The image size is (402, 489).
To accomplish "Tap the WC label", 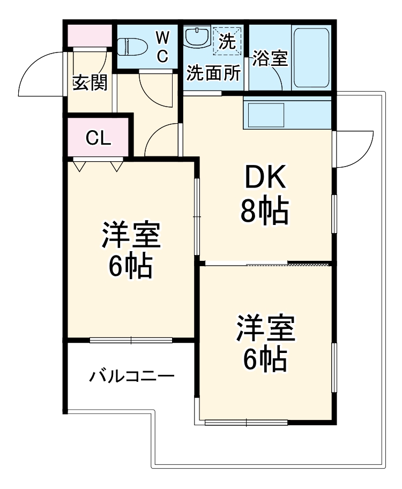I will [163, 46].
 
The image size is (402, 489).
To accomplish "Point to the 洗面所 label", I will [213, 73].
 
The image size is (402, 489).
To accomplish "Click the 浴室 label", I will [270, 58].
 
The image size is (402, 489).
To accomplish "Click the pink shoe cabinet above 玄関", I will [89, 35].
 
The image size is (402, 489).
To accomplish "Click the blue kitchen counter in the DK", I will [287, 114].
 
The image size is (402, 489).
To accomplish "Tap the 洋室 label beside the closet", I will [130, 236].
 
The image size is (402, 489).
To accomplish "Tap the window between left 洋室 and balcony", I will [131, 339].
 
